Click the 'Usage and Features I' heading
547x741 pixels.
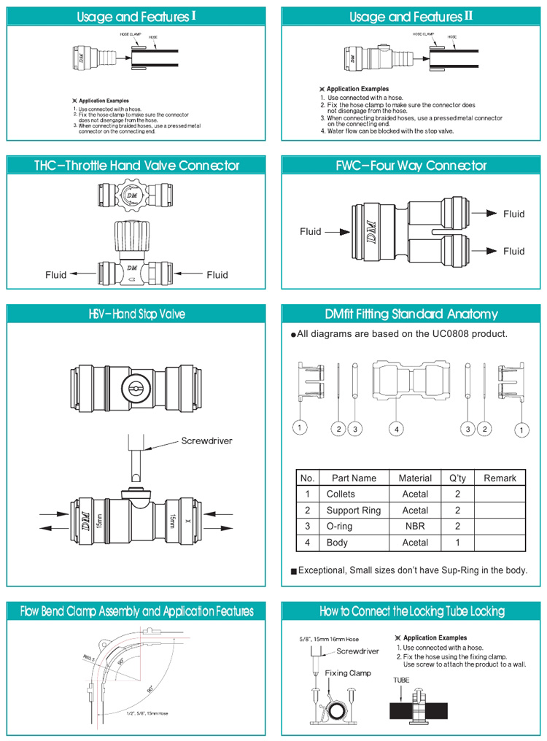point(136,17)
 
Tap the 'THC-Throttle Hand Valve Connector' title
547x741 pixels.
point(136,166)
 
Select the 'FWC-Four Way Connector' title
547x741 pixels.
point(411,166)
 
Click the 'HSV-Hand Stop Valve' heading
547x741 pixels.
point(136,314)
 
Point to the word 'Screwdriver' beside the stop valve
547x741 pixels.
point(206,441)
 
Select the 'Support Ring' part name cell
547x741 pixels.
point(353,511)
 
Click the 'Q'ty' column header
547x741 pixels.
point(457,478)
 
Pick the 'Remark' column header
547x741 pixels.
point(500,478)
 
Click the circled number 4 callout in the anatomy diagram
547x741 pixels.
point(396,429)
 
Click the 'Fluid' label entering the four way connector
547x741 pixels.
point(310,232)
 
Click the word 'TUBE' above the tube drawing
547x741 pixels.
point(401,680)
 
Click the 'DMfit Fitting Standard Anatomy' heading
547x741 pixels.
point(411,314)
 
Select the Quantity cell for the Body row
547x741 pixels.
point(457,543)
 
